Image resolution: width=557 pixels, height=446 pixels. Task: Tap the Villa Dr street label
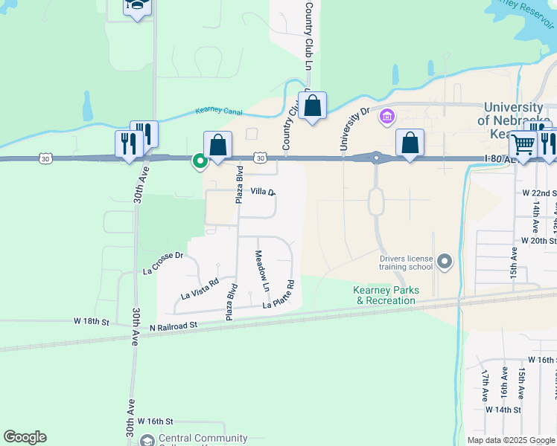(263, 192)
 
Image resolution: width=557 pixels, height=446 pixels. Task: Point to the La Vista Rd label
(200, 288)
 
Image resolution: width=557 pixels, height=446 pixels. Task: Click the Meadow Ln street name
(261, 271)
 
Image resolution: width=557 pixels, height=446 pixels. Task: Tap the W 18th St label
(91, 322)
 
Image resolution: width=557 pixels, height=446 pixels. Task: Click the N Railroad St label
(173, 326)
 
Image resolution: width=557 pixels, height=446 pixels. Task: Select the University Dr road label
(354, 129)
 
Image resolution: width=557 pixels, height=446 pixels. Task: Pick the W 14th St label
(503, 410)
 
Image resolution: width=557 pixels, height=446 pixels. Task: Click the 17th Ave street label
(485, 384)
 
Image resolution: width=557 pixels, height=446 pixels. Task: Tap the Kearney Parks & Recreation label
(386, 295)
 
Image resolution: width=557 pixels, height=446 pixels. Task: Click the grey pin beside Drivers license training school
(445, 261)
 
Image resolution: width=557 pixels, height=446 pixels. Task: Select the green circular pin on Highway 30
(200, 160)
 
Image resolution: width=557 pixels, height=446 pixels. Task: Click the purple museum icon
(386, 117)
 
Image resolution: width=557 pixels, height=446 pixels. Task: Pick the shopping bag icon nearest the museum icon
(410, 143)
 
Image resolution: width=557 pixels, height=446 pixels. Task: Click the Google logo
(25, 437)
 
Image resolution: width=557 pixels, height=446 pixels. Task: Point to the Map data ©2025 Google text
(510, 439)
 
